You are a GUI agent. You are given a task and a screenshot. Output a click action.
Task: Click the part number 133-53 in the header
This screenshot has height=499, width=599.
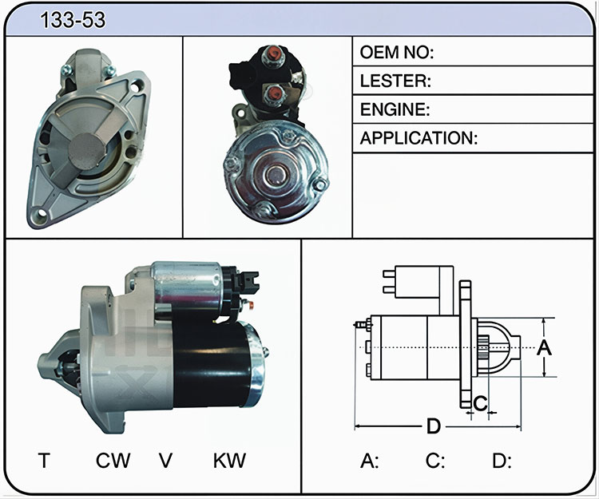point(73,20)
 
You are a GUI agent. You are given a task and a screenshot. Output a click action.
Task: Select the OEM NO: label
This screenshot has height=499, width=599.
point(397,53)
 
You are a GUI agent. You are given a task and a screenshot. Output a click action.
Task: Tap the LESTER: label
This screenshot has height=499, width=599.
point(395,81)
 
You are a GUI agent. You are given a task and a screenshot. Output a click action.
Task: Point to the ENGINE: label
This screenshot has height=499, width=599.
point(395,109)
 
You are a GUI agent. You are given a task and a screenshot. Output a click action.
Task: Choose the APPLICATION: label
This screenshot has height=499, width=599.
point(419,138)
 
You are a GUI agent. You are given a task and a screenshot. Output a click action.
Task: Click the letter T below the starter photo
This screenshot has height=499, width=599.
point(44,460)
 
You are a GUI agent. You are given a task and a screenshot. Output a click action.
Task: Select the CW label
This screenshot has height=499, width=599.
point(113,460)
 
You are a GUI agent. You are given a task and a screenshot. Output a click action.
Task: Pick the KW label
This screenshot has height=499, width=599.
point(229,460)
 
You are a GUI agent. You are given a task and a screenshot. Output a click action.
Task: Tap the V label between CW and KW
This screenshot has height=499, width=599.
point(166,460)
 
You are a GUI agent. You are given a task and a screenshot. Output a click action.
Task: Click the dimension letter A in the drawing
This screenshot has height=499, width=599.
point(545,347)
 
